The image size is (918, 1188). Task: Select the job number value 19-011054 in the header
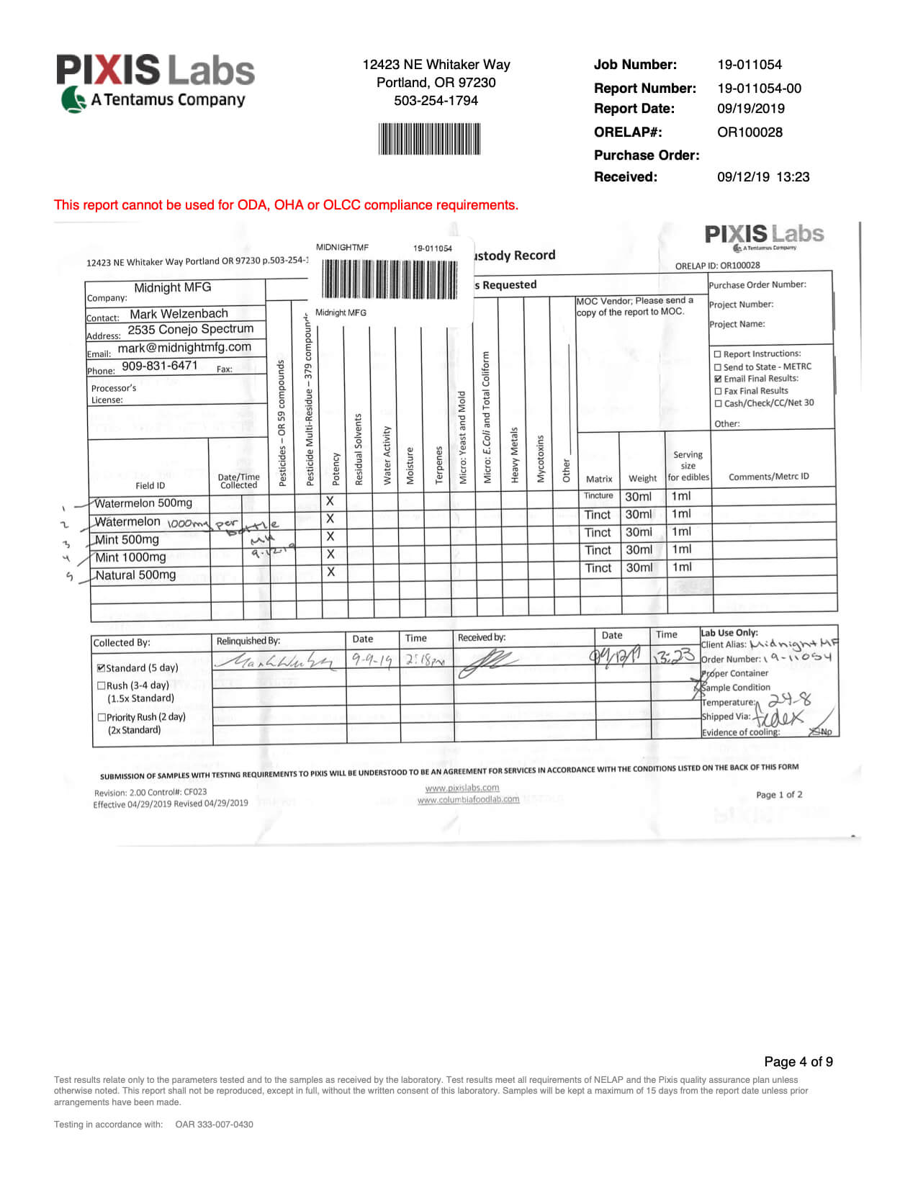749,65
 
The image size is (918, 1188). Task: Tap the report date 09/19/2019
750,109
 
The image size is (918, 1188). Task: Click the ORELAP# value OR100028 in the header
749,132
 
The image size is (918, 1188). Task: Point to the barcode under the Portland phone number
429,139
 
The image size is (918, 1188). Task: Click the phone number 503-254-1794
436,101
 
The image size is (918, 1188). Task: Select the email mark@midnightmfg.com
184,347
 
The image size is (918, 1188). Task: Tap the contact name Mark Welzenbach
179,314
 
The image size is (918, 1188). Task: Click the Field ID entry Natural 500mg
135,575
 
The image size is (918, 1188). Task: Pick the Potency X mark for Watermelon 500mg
330,501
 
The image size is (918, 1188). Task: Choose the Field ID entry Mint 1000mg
130,557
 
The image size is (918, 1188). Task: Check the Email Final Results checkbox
718,379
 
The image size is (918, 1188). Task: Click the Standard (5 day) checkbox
101,668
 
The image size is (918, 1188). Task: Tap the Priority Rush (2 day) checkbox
101,717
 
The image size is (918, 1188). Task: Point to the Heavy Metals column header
514,455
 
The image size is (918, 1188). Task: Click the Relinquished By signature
276,661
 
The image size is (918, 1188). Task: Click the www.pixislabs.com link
462,788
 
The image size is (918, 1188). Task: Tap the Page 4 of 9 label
798,1062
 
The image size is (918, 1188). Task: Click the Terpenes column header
438,464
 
